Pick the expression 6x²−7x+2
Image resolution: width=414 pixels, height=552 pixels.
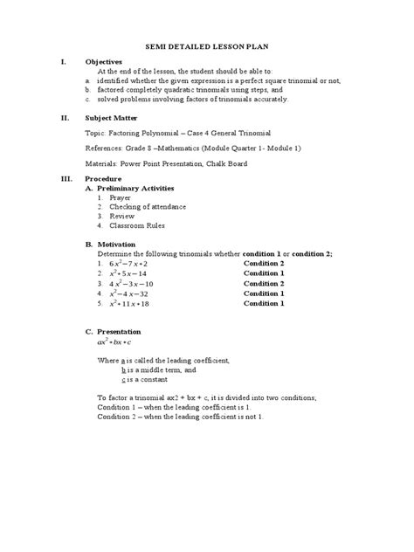pyautogui.click(x=129, y=263)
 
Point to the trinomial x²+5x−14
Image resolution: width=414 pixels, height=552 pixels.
pyautogui.click(x=128, y=273)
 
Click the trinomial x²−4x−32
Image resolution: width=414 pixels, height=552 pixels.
pyautogui.click(x=128, y=293)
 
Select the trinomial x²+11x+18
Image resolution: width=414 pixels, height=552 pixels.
pyautogui.click(x=130, y=304)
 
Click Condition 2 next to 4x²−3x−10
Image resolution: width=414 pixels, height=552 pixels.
pyautogui.click(x=264, y=284)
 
